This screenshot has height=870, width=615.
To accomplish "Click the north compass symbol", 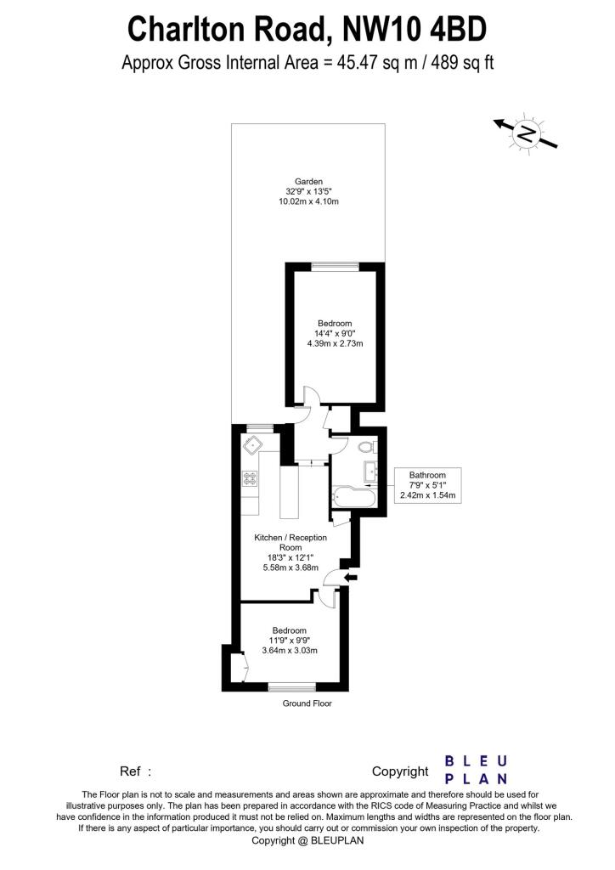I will pyautogui.click(x=526, y=133).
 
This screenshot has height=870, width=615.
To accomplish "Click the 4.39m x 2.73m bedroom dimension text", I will pyautogui.click(x=335, y=344).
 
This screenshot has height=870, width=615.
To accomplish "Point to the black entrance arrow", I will pyautogui.click(x=349, y=578).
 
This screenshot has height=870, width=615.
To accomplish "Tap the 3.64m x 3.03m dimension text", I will pyautogui.click(x=289, y=651).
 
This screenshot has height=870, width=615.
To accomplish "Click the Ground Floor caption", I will pyautogui.click(x=307, y=703).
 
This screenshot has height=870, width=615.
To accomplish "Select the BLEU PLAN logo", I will pyautogui.click(x=477, y=769).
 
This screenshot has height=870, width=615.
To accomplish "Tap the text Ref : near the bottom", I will pyautogui.click(x=135, y=771).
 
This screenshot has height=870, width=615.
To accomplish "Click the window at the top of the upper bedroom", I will pyautogui.click(x=334, y=268).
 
